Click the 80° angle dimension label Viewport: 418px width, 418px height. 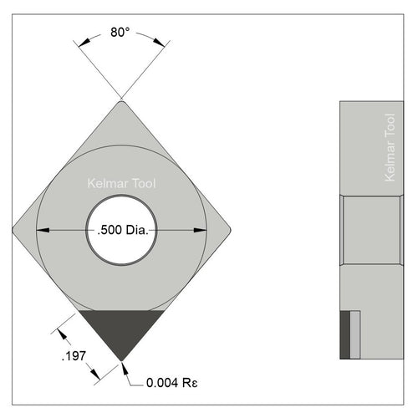[120, 33]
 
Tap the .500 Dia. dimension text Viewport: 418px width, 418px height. [123, 230]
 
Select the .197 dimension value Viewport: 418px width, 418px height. [74, 356]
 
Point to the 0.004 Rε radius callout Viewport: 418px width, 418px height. [172, 383]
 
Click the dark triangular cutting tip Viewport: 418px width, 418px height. [122, 329]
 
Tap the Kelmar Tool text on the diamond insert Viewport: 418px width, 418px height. [121, 183]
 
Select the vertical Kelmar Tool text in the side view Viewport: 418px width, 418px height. [390, 148]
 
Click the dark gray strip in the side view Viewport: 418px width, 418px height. [345, 335]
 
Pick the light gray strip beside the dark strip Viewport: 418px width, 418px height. [355, 335]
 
